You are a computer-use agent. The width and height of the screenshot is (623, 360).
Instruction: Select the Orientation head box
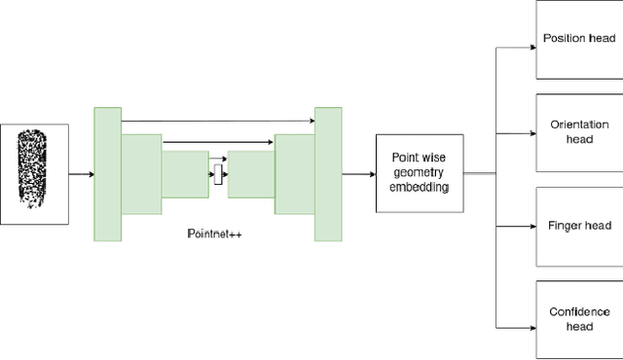[578, 131]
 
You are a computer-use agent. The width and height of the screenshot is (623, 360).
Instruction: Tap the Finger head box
[578, 226]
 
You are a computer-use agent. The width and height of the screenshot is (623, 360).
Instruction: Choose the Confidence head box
[578, 318]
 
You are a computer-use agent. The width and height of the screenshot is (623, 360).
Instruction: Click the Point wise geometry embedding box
[420, 173]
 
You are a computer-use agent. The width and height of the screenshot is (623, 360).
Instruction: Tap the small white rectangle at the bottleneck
[218, 175]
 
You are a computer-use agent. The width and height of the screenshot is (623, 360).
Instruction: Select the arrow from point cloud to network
[82, 174]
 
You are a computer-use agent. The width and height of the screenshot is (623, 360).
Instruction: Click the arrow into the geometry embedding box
[359, 174]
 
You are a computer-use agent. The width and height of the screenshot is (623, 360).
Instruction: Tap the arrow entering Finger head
[516, 227]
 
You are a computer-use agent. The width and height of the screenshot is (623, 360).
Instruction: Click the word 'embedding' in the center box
[420, 188]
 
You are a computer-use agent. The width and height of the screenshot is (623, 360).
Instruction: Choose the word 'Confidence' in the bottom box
[578, 311]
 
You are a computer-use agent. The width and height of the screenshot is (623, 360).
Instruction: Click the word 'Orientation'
[578, 125]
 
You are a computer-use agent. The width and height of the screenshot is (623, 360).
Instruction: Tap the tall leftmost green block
[107, 174]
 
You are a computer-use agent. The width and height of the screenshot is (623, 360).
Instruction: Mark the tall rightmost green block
[328, 174]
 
